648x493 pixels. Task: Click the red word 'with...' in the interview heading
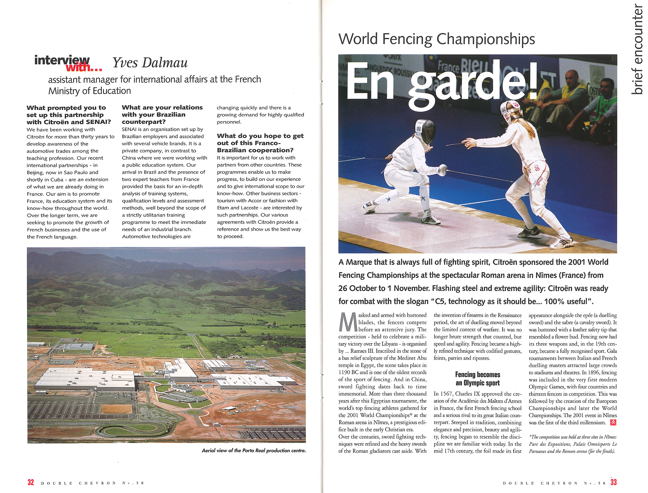pyautogui.click(x=84, y=67)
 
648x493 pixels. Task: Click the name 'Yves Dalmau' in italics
pyautogui.click(x=150, y=62)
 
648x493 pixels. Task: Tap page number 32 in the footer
pyautogui.click(x=30, y=482)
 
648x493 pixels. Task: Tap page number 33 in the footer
pyautogui.click(x=613, y=482)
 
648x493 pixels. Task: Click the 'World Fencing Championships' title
pyautogui.click(x=436, y=39)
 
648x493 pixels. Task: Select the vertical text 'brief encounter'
pyautogui.click(x=637, y=49)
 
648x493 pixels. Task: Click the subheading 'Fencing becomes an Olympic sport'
pyautogui.click(x=478, y=379)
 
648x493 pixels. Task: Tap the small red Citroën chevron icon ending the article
pyautogui.click(x=613, y=422)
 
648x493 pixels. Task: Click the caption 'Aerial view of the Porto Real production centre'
pyautogui.click(x=253, y=451)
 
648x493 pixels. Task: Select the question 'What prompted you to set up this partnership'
pyautogui.click(x=68, y=115)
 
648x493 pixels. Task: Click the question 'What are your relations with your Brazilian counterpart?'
pyautogui.click(x=162, y=114)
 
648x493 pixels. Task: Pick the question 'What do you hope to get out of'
pyautogui.click(x=260, y=143)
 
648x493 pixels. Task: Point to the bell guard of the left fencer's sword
pyautogui.click(x=443, y=170)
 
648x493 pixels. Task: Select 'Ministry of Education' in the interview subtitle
pyautogui.click(x=89, y=91)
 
